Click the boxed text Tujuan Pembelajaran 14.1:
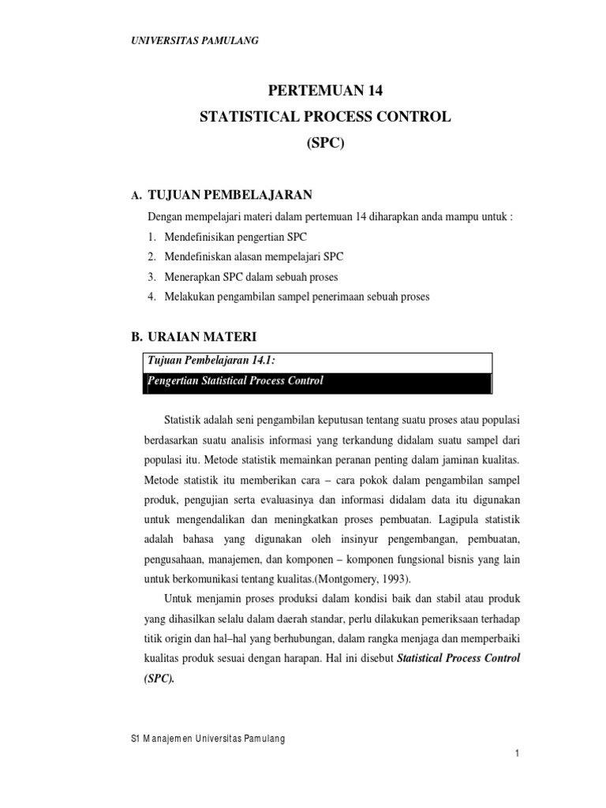(x=211, y=361)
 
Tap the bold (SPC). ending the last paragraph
(x=158, y=677)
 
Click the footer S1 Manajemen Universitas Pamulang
(x=206, y=738)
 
